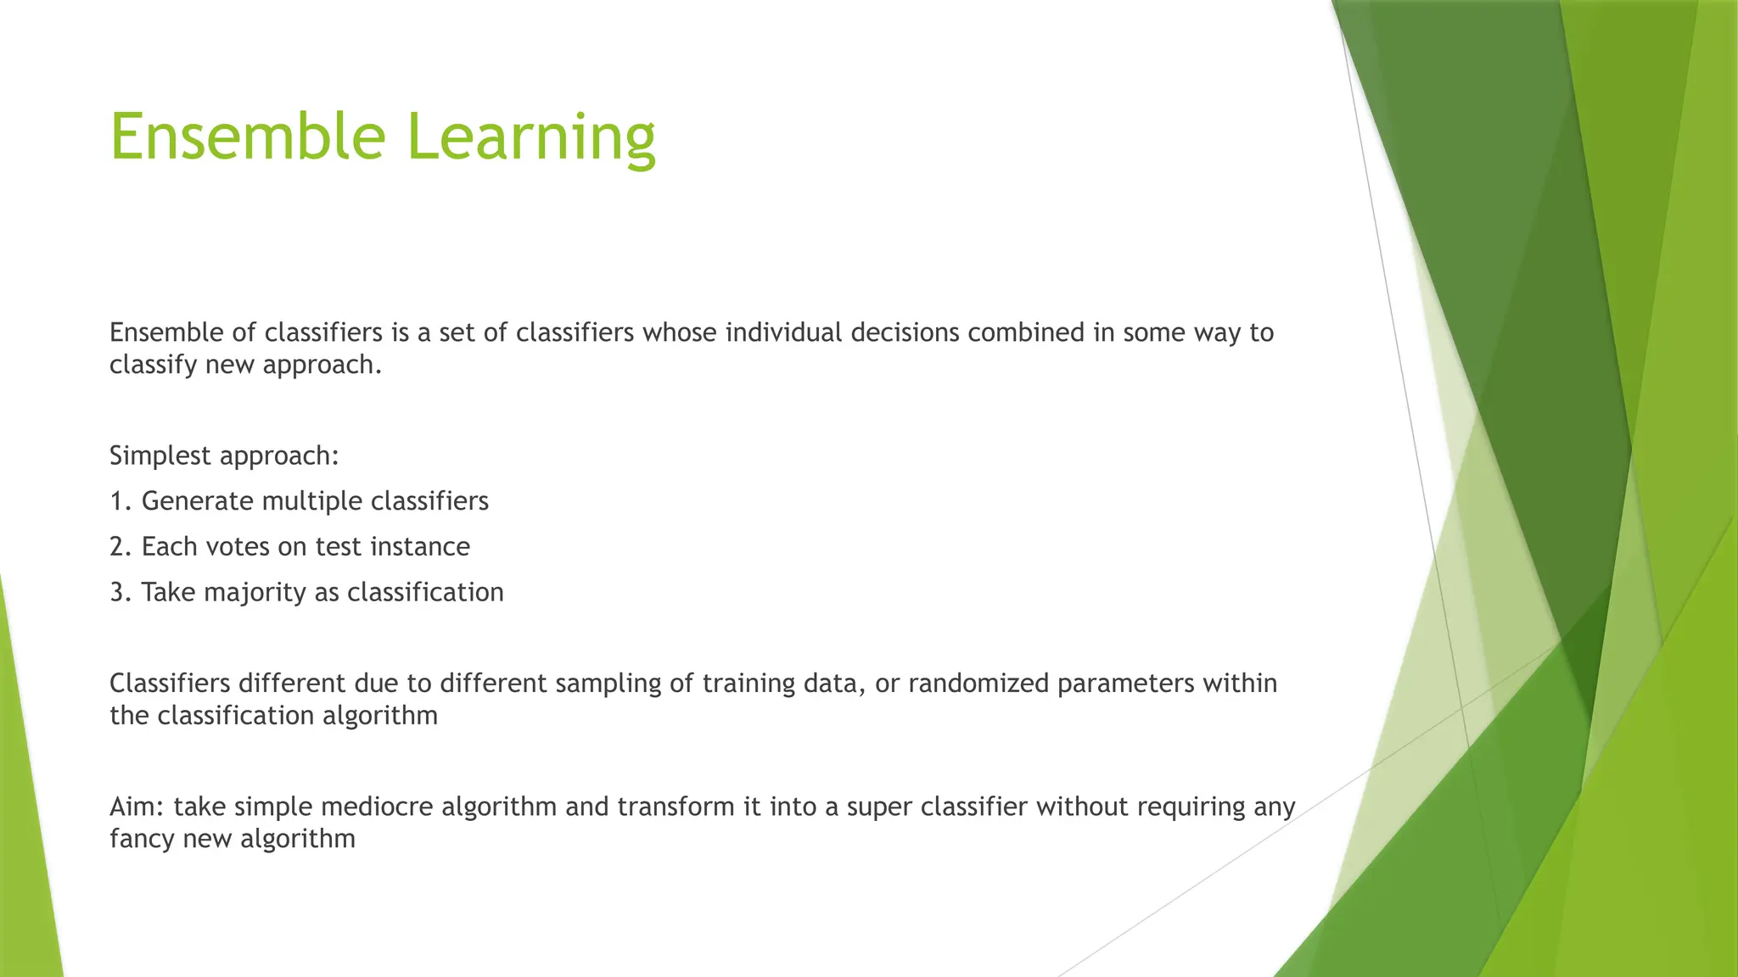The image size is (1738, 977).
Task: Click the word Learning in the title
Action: (531, 137)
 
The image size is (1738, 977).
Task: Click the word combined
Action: (1026, 332)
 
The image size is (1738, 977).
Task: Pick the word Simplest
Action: (160, 456)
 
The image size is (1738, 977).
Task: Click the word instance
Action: (420, 547)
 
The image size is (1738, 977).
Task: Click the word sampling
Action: (608, 684)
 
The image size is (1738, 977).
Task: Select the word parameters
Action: (1125, 684)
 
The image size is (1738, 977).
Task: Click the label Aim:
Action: (137, 807)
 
